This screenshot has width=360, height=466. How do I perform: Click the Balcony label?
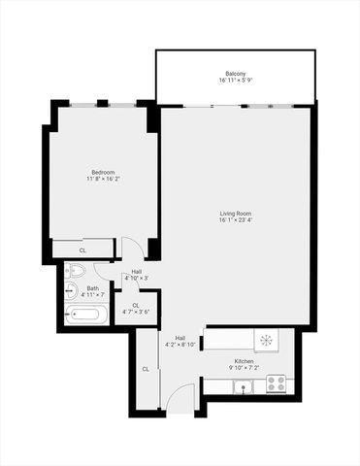235,74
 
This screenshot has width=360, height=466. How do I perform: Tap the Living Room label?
236,213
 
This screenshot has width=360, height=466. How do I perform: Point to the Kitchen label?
244,361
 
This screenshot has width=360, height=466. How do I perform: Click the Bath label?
92,287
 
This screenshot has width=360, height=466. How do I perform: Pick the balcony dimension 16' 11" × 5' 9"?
235,81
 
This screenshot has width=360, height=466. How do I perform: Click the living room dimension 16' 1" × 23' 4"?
236,219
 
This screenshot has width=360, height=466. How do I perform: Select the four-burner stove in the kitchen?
276,383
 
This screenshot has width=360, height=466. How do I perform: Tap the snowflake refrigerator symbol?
267,341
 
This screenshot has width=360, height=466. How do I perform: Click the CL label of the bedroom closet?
82,250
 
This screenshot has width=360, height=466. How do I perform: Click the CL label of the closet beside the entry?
146,369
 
